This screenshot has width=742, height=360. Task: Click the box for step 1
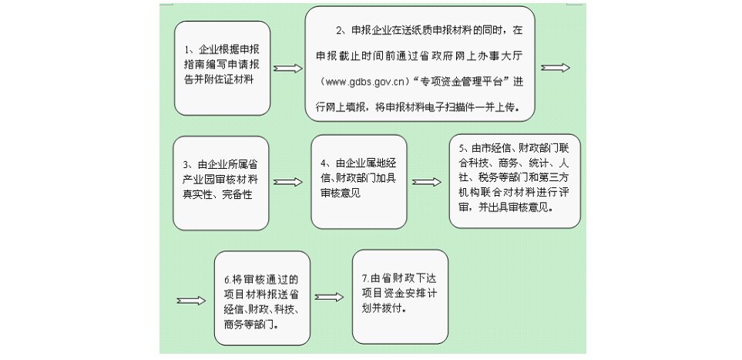tap(223, 68)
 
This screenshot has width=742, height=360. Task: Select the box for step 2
tap(420, 63)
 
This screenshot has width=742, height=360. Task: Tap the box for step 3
tap(221, 183)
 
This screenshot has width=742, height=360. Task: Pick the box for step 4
tap(359, 182)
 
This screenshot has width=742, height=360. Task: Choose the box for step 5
tap(515, 181)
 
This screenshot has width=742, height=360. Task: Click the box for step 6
tap(262, 298)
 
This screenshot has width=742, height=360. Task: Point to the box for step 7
tap(401, 297)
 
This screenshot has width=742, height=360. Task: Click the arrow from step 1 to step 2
tap(287, 69)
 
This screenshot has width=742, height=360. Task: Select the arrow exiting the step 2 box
tap(556, 68)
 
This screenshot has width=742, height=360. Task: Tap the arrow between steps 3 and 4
tap(287, 183)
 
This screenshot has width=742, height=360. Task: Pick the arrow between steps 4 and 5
tap(426, 182)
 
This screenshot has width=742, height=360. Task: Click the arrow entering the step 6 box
tap(191, 301)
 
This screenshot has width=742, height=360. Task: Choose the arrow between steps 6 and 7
tap(329, 297)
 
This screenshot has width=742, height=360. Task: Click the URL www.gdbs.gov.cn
tap(364, 82)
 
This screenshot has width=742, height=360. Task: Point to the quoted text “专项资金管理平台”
tap(463, 81)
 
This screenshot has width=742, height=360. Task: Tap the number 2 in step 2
tap(338, 31)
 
